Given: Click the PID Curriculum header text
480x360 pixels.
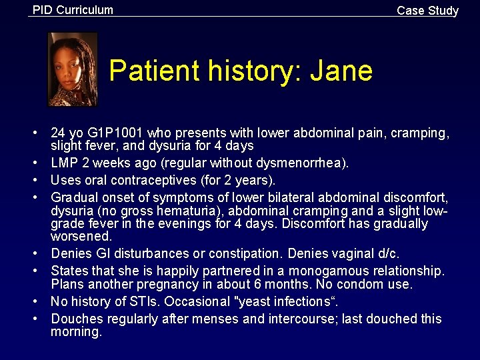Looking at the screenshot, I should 73,10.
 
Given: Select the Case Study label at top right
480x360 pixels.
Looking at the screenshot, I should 427,11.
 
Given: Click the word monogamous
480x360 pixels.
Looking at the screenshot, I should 340,271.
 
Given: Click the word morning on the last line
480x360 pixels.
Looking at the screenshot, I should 75,332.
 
